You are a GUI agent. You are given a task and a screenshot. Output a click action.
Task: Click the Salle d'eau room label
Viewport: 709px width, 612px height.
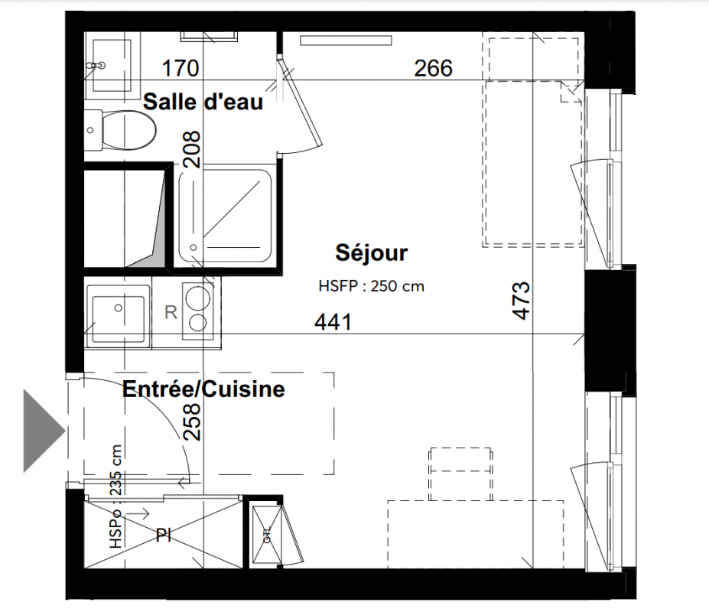click(x=203, y=102)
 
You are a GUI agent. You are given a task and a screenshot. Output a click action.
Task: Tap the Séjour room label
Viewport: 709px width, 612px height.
click(x=372, y=252)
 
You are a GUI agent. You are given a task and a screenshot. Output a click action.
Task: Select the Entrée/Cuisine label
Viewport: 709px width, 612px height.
click(x=203, y=389)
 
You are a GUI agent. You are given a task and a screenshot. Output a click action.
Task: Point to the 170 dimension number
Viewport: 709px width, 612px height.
click(x=181, y=68)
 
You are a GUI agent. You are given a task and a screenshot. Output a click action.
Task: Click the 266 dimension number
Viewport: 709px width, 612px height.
click(x=433, y=68)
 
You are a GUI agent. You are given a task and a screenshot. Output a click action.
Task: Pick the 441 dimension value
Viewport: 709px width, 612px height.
click(x=333, y=323)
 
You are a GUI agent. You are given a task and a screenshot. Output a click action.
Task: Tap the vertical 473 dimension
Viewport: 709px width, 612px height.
click(x=522, y=301)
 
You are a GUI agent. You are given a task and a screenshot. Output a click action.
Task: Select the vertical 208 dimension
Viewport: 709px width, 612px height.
click(x=192, y=150)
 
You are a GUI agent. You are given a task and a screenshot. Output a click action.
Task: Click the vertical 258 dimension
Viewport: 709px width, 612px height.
click(x=192, y=422)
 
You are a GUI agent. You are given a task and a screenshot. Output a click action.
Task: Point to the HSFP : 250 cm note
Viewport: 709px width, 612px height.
click(x=372, y=286)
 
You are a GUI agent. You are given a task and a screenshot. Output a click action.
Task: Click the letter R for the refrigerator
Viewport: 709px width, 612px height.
click(x=171, y=312)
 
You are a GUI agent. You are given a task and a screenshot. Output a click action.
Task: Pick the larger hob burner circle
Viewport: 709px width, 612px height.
click(x=198, y=298)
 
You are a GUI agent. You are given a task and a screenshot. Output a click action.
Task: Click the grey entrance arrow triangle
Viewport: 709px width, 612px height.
click(x=43, y=431)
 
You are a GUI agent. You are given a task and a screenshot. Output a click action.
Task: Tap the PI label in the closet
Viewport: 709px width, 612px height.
click(x=163, y=535)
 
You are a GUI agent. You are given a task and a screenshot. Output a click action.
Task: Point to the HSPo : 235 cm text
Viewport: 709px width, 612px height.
click(x=115, y=496)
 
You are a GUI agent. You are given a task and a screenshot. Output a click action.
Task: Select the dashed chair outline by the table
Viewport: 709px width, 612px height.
click(x=460, y=474)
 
